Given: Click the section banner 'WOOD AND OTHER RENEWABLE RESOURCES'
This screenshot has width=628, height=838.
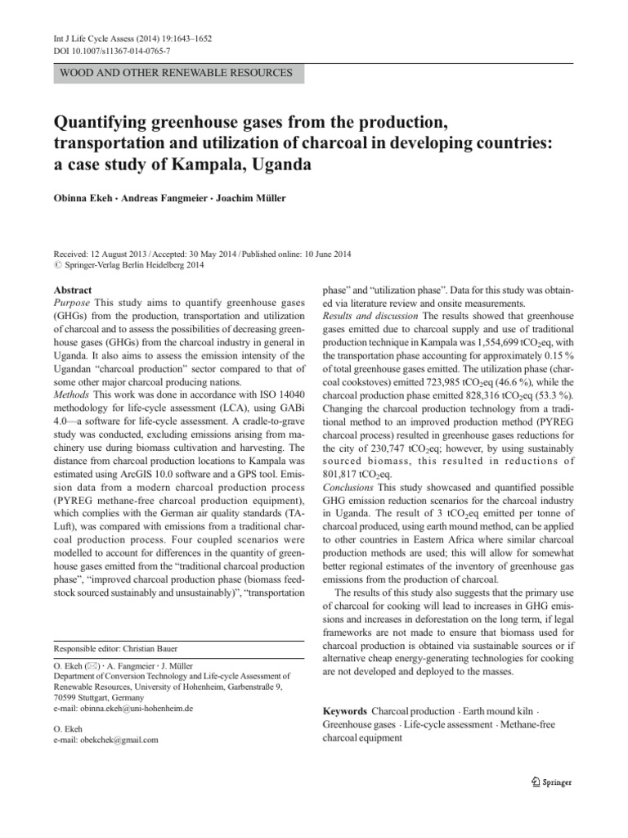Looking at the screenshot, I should pos(177,74).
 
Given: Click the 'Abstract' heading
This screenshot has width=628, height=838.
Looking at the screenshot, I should pos(73,291).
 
